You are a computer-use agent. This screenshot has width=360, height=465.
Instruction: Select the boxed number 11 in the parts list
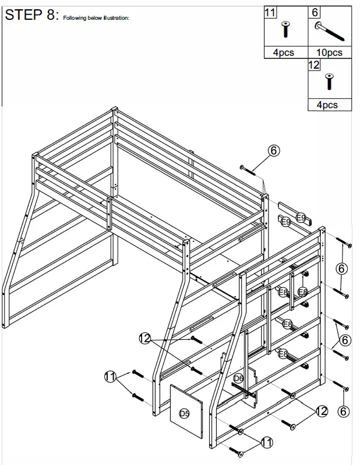(x=270, y=12)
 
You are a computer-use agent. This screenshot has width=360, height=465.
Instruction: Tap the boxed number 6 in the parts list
(x=315, y=12)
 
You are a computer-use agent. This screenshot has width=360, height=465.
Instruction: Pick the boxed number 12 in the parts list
(x=314, y=65)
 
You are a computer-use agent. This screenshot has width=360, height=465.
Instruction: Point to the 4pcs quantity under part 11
(x=284, y=52)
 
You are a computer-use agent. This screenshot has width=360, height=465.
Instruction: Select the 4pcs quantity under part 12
(x=327, y=105)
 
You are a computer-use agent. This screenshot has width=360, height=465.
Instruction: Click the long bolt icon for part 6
(x=330, y=31)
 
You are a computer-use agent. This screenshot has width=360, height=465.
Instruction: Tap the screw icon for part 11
(x=285, y=29)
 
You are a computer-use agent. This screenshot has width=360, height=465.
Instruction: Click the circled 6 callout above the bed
(x=274, y=150)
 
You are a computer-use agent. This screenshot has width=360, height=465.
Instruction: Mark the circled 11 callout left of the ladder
(x=110, y=377)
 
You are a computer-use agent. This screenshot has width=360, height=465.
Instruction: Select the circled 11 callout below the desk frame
(x=267, y=443)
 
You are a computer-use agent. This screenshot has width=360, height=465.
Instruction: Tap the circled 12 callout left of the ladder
(x=145, y=338)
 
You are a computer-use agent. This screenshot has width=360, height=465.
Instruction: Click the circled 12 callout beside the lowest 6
(x=322, y=411)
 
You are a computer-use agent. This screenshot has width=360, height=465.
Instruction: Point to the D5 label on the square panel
(x=184, y=414)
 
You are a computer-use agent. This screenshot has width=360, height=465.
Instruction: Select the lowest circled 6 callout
(x=344, y=411)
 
